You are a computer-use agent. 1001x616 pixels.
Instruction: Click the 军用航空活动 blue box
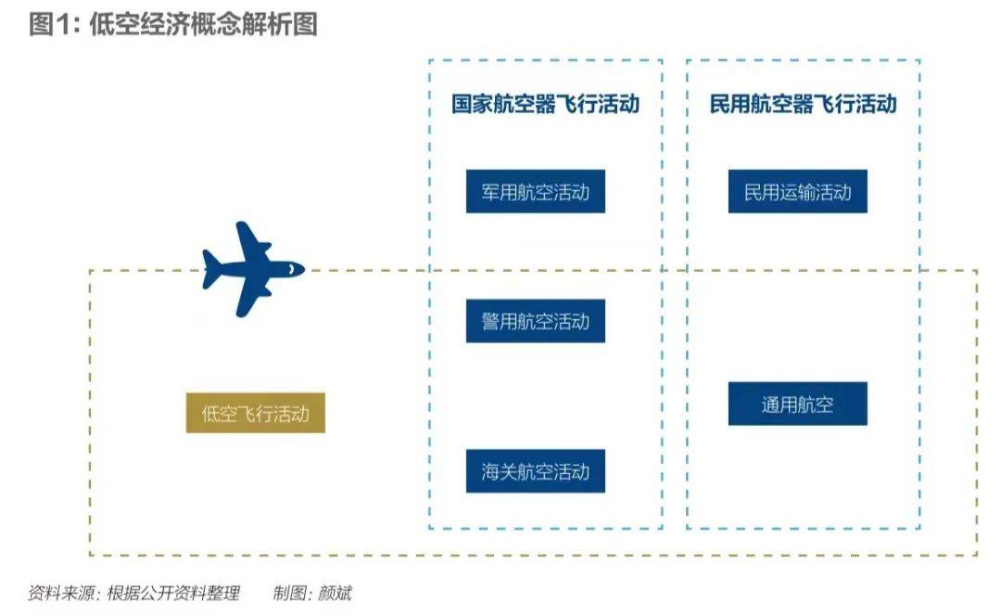535,192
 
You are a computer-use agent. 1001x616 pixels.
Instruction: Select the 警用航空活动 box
535,321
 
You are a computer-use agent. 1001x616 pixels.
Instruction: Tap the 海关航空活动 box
535,471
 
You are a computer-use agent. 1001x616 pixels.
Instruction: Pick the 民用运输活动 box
797,192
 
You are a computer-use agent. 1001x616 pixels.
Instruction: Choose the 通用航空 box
797,404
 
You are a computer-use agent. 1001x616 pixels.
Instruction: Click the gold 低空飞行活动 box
255,412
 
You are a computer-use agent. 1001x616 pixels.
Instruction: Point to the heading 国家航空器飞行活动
545,103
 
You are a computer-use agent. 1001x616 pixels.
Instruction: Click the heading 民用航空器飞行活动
803,103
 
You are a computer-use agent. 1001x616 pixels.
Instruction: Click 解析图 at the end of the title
288,24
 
